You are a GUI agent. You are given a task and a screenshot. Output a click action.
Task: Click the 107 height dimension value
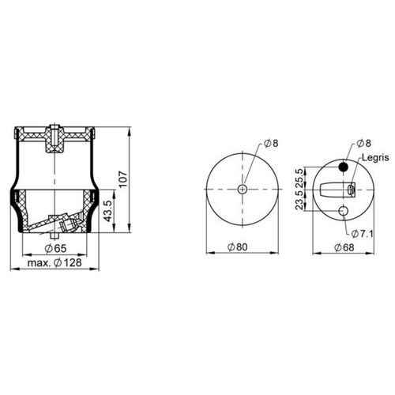pyautogui.click(x=123, y=179)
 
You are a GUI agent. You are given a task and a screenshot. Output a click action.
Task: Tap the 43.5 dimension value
pyautogui.click(x=108, y=211)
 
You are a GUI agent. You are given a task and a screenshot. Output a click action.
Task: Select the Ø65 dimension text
pyautogui.click(x=55, y=248)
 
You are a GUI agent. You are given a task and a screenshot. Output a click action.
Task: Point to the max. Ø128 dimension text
pyautogui.click(x=55, y=262)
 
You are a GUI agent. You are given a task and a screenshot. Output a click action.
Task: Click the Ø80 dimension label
pyautogui.click(x=238, y=247)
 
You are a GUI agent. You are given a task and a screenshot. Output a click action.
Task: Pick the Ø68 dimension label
pyautogui.click(x=344, y=247)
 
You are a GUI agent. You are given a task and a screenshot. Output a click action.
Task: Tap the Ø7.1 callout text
pyautogui.click(x=363, y=234)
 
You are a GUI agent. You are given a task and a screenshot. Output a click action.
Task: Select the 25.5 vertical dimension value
pyautogui.click(x=299, y=178)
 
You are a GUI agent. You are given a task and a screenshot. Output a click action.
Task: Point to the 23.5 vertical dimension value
pyautogui.click(x=299, y=201)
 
